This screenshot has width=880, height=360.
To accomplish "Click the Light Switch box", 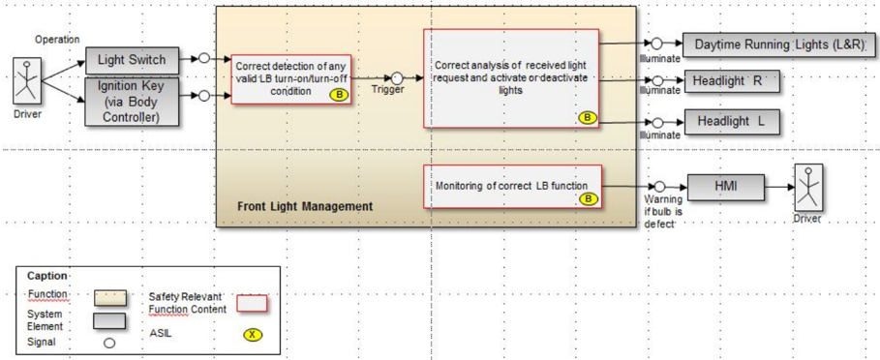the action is point(133,60).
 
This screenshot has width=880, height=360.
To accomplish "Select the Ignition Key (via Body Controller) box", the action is point(133,101).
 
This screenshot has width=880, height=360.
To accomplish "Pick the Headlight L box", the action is point(731,122).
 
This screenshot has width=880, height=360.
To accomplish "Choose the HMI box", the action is point(726,186).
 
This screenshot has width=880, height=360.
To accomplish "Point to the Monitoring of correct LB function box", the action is point(512,187).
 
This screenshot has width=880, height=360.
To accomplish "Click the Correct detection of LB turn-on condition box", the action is point(291,79).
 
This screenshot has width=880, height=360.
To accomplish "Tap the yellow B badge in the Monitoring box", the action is point(587,198).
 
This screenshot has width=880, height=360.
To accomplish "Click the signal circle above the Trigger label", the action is point(397,77).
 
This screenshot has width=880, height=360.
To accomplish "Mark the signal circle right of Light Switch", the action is point(203,58).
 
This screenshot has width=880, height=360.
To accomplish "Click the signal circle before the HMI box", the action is point(660,187).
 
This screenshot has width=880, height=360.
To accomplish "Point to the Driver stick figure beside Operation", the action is point(25,81).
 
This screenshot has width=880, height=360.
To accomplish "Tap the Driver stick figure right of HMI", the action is point(808,188).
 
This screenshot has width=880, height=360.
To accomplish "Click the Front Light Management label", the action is point(305,206).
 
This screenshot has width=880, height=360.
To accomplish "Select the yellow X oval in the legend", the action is point(253,335).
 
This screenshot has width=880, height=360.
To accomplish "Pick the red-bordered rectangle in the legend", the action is point(253,303).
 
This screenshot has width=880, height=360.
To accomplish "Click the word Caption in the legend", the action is point(46,276).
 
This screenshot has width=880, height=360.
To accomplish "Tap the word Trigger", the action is point(388,90).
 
